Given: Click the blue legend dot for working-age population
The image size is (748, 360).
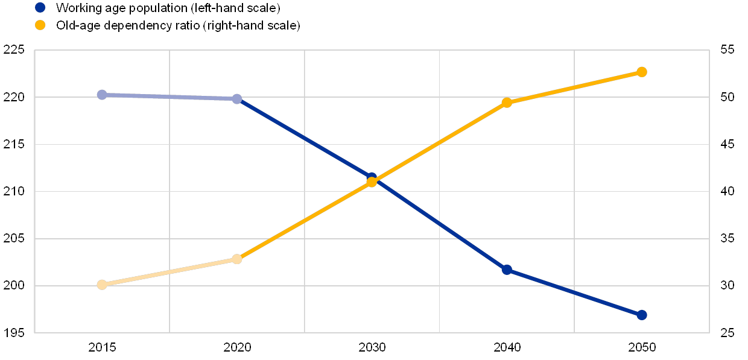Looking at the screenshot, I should point(40,8).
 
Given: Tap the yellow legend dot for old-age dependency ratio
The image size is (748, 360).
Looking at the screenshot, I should point(40,25).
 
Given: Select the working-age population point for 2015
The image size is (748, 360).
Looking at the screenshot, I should point(102,95).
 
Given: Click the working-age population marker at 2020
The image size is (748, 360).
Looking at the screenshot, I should point(237,99).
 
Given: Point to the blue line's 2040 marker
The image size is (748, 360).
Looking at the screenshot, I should point(507,270).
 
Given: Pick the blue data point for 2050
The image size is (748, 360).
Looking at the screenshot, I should point(642,315).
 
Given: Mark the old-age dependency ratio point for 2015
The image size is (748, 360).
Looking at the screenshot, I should point(102,285).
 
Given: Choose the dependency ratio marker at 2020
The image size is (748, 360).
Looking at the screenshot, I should point(237,259).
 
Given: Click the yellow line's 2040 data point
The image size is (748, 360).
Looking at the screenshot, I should point(507,103).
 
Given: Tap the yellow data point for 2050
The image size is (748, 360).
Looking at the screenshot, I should point(642,72).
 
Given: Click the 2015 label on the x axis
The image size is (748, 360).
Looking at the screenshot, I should point(102,347).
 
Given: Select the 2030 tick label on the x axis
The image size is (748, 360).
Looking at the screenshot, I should point(372,347).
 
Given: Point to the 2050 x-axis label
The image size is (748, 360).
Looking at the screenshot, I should point(642,347).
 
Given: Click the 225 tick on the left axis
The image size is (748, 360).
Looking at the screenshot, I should point(13,50).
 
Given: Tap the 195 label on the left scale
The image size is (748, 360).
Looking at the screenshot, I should point(13,333).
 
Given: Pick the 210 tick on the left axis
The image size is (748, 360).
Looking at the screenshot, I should point(13,192).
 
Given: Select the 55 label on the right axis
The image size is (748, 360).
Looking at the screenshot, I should point(727,50).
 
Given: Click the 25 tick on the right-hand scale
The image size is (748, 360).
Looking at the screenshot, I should point(727,333).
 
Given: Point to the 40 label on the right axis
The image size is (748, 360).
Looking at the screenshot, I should point(727,192).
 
